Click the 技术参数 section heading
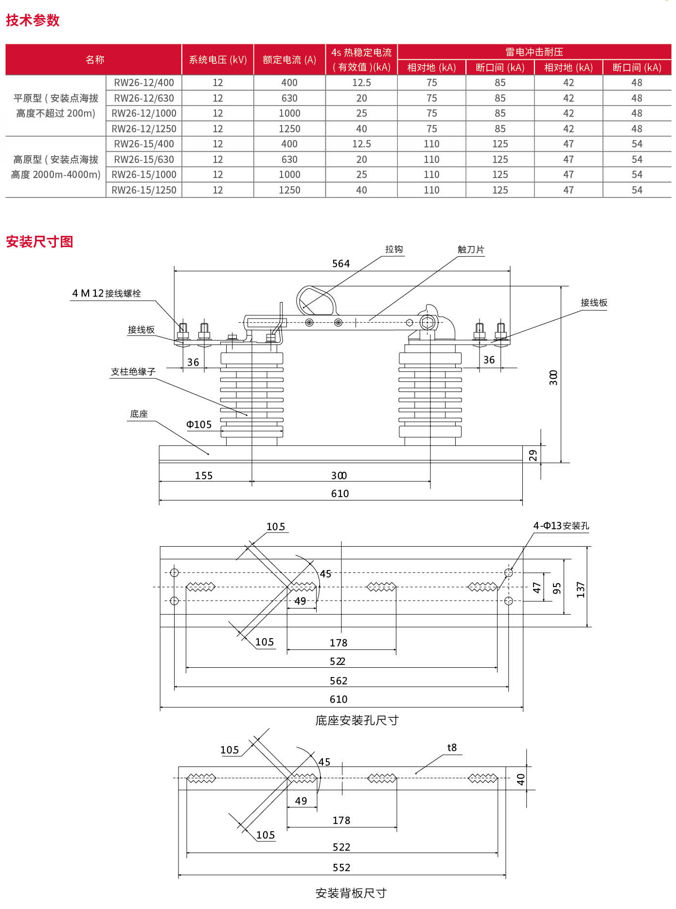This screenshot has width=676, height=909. coord(33,20)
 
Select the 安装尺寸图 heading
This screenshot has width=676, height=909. coord(39,242)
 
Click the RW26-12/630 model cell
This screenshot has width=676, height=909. coord(144,98)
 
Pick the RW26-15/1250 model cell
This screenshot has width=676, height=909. coord(144,190)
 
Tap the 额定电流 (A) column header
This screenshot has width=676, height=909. coord(289,60)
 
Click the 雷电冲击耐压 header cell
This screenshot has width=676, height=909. coord(534,52)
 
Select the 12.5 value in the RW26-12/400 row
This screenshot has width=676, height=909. coord(361,83)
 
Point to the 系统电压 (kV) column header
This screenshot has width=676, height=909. coord(218,60)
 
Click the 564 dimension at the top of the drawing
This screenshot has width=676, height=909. coord(341,264)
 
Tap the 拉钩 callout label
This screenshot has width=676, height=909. coord(394,250)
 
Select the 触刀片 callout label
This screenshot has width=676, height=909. coord(471,250)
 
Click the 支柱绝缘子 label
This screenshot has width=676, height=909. coord(133,372)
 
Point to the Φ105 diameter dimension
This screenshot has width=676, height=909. coord(199,425)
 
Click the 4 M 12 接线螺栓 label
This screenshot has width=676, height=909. coord(107,293)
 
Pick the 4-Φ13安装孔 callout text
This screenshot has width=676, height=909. coord(561,526)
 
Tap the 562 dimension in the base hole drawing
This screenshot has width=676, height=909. coord(338,680)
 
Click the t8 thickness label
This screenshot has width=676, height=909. coord(452,748)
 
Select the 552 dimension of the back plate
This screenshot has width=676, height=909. coord(341,867)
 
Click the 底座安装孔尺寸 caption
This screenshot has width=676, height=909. coord(357,720)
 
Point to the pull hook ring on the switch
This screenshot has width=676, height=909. coord(316,301)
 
